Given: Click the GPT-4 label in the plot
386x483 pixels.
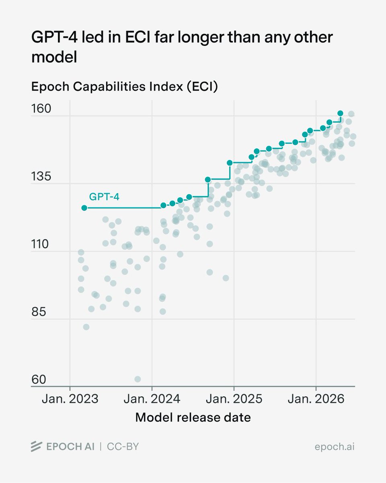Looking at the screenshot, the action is click(x=104, y=197).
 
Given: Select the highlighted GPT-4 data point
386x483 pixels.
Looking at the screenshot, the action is click(x=84, y=208).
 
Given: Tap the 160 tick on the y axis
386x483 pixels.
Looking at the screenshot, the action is click(x=41, y=109).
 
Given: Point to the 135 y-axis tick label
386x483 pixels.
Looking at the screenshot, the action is click(x=41, y=176).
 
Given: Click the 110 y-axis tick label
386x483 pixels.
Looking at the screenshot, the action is click(x=40, y=244).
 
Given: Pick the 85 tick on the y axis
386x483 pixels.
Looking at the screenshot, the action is click(x=39, y=312).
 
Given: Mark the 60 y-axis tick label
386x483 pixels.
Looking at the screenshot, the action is click(x=39, y=380).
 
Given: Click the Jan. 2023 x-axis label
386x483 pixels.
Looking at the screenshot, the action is click(x=70, y=399).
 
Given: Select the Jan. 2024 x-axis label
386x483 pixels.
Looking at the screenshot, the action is click(x=152, y=399).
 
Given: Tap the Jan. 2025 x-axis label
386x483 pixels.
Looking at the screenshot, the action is click(x=234, y=399).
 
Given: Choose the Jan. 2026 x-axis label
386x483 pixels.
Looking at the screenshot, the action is click(x=316, y=399).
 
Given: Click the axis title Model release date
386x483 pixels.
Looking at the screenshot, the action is click(x=193, y=418).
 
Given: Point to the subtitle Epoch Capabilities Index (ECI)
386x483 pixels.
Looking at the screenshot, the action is click(x=125, y=87).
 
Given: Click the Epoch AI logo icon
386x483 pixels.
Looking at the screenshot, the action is click(x=36, y=446).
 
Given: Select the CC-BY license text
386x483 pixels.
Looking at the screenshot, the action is click(x=123, y=447).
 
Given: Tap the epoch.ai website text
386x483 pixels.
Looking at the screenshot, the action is click(x=335, y=447).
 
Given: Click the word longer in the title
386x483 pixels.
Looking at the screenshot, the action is click(x=201, y=38).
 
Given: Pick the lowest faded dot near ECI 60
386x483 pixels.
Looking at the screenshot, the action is click(x=138, y=379).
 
